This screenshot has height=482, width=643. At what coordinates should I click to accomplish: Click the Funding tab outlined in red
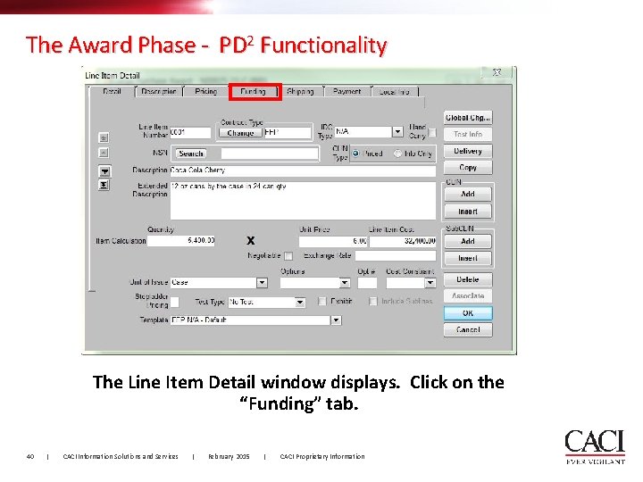pyautogui.click(x=254, y=91)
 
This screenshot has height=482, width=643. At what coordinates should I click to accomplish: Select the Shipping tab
pyautogui.click(x=300, y=91)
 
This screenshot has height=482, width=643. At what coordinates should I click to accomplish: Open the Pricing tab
pyautogui.click(x=205, y=91)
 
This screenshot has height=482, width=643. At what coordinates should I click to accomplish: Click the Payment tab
pyautogui.click(x=347, y=91)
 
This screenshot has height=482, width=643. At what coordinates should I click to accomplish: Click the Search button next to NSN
pyautogui.click(x=191, y=154)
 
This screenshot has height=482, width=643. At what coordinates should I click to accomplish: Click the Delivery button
pyautogui.click(x=468, y=152)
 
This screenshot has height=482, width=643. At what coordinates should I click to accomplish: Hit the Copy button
pyautogui.click(x=468, y=168)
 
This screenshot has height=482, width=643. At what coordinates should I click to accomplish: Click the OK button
pyautogui.click(x=468, y=313)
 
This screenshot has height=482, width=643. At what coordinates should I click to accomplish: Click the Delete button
pyautogui.click(x=468, y=279)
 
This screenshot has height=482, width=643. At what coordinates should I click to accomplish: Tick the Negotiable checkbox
pyautogui.click(x=288, y=256)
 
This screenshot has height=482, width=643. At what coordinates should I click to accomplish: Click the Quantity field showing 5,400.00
pyautogui.click(x=181, y=241)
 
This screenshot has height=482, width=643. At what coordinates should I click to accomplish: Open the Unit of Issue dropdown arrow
pyautogui.click(x=262, y=283)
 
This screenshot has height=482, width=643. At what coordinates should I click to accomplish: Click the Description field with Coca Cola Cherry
pyautogui.click(x=302, y=170)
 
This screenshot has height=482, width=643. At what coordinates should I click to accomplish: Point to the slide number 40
pyautogui.click(x=30, y=457)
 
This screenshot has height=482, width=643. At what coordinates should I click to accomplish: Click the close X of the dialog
pyautogui.click(x=497, y=72)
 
